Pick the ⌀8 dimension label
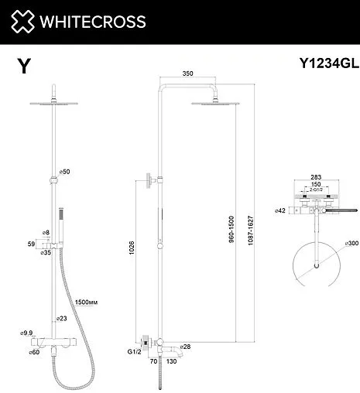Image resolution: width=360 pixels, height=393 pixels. tap(46, 232)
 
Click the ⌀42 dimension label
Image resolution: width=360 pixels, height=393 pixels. tap(279, 209)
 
